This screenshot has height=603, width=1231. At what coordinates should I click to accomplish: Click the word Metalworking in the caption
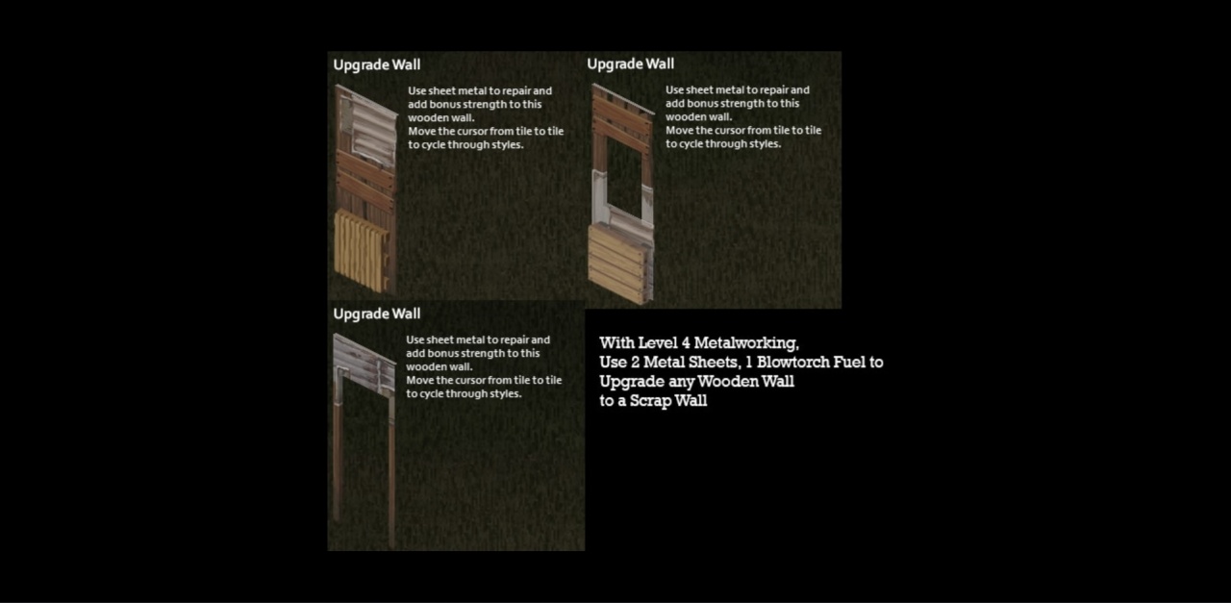(x=746, y=343)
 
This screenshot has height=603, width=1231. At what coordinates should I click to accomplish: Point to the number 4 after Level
(x=686, y=343)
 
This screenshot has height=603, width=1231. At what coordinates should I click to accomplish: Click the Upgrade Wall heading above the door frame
(x=376, y=314)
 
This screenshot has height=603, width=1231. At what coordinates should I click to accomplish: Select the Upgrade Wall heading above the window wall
(x=630, y=64)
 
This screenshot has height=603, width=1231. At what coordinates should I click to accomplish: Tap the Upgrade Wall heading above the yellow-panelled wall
(x=376, y=64)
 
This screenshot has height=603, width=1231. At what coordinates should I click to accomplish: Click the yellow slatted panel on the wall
(x=361, y=249)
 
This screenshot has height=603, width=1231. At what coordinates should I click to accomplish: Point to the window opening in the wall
(x=624, y=178)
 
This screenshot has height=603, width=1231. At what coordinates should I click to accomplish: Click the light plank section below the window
(x=618, y=264)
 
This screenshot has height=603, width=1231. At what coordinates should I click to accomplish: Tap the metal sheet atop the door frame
(x=364, y=363)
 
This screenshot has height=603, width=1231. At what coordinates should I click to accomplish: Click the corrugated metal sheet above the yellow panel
(x=368, y=132)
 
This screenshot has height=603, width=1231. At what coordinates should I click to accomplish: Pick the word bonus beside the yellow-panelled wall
(x=444, y=105)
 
